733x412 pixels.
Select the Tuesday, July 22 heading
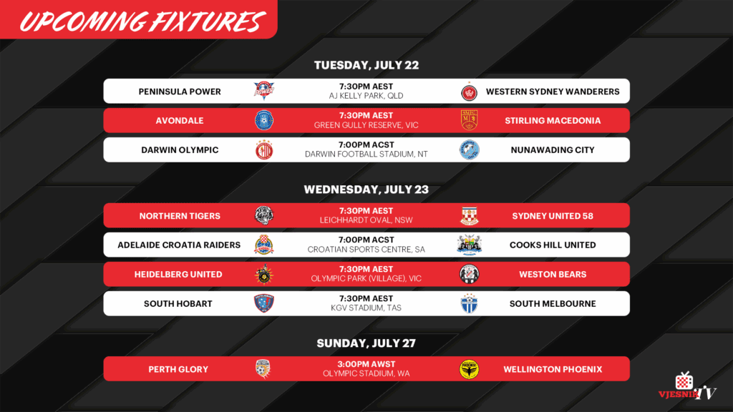point(366,65)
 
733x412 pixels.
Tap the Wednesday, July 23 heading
point(366,189)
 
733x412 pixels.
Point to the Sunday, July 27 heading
point(366,343)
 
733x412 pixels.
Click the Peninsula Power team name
point(180,92)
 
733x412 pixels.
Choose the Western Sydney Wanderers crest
point(469,92)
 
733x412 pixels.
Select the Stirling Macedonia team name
point(553,120)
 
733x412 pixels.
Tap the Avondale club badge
point(264,120)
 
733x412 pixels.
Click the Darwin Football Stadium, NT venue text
point(366,154)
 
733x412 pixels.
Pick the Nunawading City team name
point(553,150)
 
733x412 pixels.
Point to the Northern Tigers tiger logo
point(264,215)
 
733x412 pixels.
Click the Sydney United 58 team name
point(553,216)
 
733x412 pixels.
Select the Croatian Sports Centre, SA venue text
point(366,250)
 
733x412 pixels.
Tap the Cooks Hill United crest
point(469,245)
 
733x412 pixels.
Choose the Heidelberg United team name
point(178,274)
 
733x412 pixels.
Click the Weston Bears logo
point(469,274)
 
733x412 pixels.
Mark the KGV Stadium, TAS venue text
point(366,308)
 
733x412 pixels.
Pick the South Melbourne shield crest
point(469,303)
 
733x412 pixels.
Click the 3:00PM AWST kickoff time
point(366,364)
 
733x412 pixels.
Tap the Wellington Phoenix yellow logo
point(469,369)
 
